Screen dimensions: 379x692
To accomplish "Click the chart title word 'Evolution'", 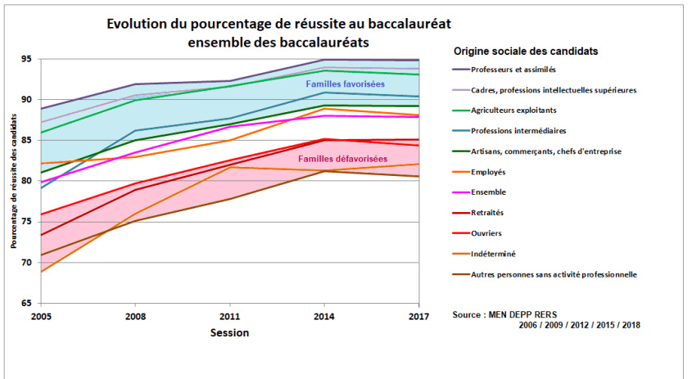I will coord(138,24).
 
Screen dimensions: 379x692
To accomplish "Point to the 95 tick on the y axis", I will coord(26,59).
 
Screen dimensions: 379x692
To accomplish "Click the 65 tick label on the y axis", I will coord(26,303).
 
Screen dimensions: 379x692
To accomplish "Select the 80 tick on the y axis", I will coord(26,181).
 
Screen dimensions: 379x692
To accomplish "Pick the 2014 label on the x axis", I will coord(325,316).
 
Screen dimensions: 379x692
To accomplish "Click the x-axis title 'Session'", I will coord(229,333).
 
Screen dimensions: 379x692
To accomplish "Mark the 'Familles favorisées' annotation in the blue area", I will coord(345,84).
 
